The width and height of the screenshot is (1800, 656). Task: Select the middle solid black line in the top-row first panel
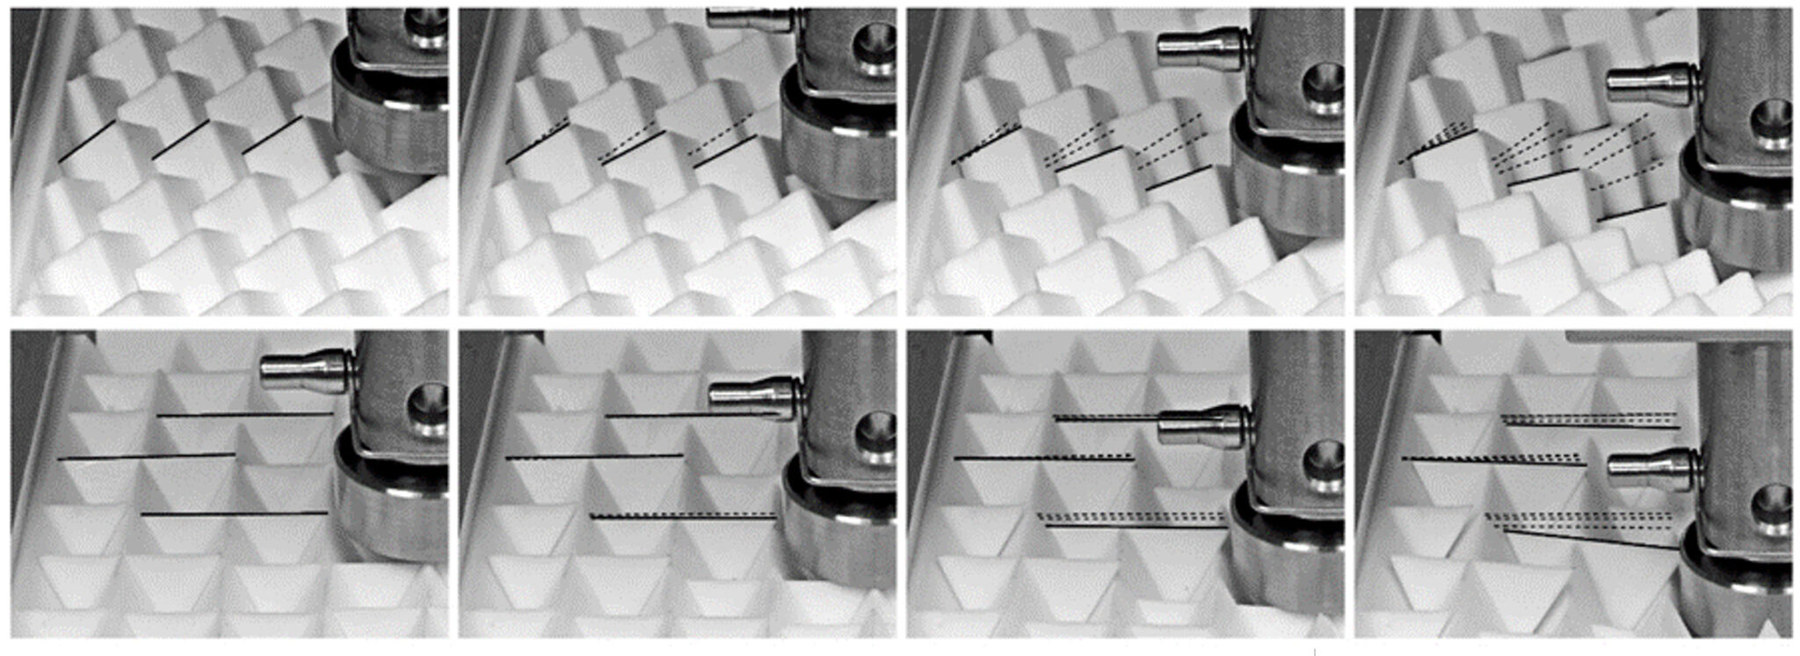pos(180,140)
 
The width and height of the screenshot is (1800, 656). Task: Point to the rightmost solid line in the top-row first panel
pos(272,135)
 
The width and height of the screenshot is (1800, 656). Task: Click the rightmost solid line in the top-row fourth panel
pos(1632,212)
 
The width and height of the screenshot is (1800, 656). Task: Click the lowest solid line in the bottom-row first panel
pos(234,514)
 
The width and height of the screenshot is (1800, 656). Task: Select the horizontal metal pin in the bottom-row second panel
pos(753,394)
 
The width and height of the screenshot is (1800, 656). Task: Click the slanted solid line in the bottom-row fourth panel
pos(1591,539)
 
